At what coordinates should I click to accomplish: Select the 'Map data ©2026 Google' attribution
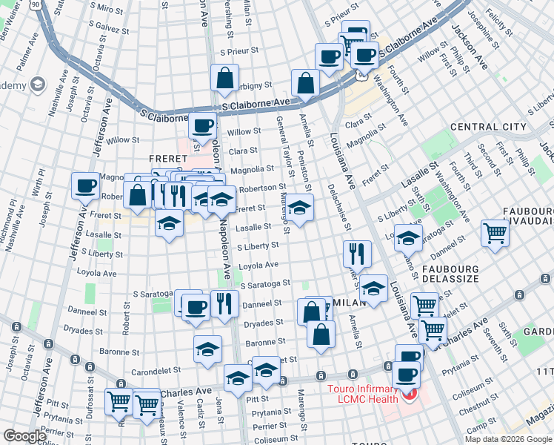508,439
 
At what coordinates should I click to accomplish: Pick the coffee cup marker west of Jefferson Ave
86,185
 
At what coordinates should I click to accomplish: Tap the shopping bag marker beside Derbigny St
224,78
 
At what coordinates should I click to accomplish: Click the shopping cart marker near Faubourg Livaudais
495,233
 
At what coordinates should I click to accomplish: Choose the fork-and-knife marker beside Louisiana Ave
358,254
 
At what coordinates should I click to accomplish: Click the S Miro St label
110,9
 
